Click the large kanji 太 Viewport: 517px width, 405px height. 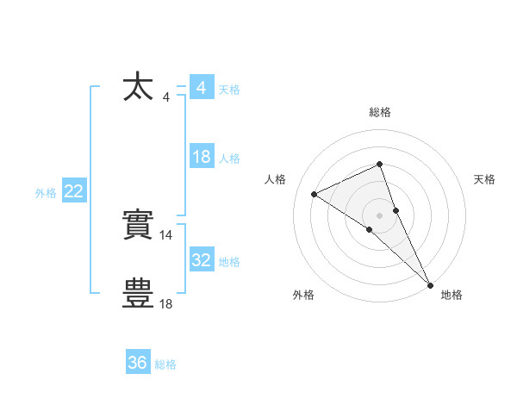point(139,87)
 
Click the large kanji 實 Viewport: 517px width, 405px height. point(139,227)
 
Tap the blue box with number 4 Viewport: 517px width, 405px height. point(201,88)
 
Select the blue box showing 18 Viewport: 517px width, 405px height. point(202,157)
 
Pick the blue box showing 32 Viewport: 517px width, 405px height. point(202,259)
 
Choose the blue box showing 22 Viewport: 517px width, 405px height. point(74,192)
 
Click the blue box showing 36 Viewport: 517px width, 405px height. point(138,363)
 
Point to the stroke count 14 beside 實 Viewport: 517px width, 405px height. point(166,234)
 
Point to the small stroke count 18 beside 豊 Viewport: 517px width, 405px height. point(166,303)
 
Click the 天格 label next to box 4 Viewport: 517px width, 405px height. point(229,90)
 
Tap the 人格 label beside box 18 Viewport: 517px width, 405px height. point(229,159)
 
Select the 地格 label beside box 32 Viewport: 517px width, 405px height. point(229,261)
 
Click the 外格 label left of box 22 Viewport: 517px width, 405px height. point(46,194)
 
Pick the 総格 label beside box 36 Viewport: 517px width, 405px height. point(165,364)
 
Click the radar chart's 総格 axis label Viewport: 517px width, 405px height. point(380,112)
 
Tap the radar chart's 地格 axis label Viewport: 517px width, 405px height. point(452,295)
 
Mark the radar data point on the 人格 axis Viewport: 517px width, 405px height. point(315,194)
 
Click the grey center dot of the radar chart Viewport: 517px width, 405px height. point(379,215)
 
